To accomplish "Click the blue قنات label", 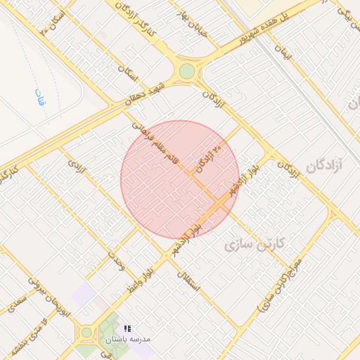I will click(39, 96).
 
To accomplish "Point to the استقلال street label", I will click(190, 281).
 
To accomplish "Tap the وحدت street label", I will click(116, 262).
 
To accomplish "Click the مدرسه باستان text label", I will click(129, 339).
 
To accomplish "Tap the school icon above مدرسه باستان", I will click(127, 328).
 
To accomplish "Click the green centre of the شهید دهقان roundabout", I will click(186, 71).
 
